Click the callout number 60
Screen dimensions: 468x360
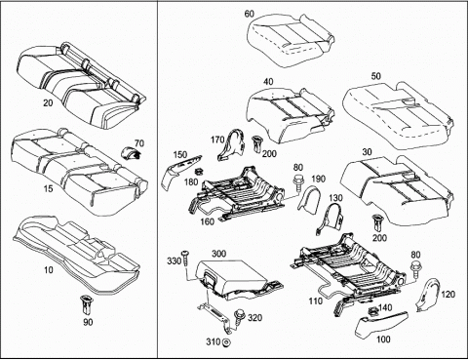tap(250, 14)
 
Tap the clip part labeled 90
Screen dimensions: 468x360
tap(87, 303)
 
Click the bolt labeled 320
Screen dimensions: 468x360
tap(239, 317)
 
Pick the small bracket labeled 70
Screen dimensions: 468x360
tap(130, 153)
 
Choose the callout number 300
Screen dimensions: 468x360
tap(219, 254)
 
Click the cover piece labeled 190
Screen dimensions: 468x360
tap(309, 199)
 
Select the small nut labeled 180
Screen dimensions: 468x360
tap(198, 171)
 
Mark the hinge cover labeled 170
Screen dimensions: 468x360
tap(232, 144)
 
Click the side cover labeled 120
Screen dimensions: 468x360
tap(428, 294)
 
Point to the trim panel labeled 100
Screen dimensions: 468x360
tap(381, 325)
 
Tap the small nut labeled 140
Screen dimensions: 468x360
tap(372, 311)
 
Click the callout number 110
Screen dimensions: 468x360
tap(316, 301)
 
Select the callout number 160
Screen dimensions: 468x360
tap(207, 221)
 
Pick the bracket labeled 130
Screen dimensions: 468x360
tap(330, 218)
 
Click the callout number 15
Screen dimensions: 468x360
tap(48, 188)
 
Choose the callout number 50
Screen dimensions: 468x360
tap(375, 76)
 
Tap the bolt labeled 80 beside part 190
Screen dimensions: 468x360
tap(297, 183)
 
